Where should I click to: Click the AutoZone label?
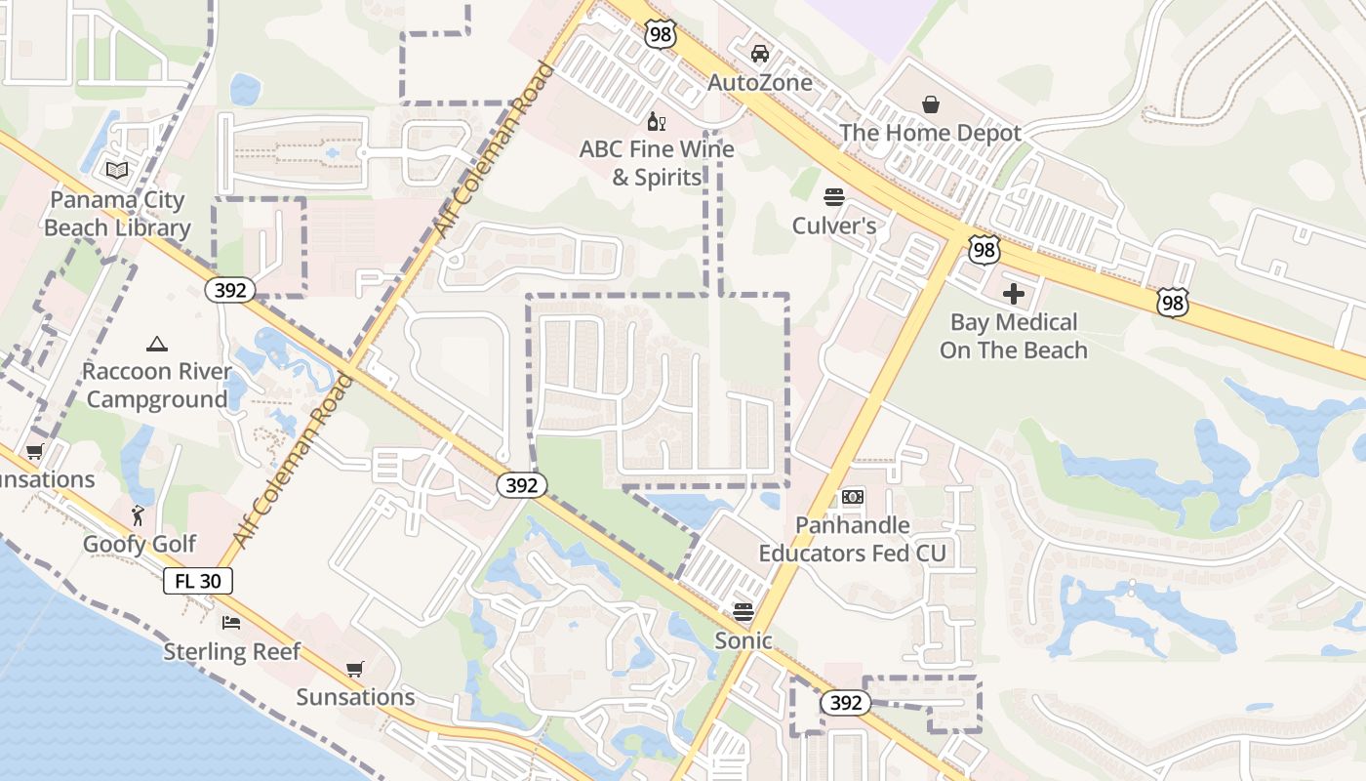pos(759,82)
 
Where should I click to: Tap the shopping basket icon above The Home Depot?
pos(931,103)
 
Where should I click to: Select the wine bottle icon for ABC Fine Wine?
pos(657,122)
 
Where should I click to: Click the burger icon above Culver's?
pos(833,197)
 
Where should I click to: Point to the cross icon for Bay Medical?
pos(1014,293)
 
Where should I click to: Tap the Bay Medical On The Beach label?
pos(1014,336)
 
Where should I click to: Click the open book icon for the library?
pos(117,171)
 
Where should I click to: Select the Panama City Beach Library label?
pos(117,214)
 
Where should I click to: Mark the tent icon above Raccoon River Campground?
pos(156,344)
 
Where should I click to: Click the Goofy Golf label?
pos(140,544)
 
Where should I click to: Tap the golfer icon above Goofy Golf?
pos(139,514)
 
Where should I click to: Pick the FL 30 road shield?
pos(198,581)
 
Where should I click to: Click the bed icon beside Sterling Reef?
pos(230,622)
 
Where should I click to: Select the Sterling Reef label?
pos(232,651)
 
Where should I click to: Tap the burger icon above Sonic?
pos(743,612)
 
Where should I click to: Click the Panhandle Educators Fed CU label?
pos(853,539)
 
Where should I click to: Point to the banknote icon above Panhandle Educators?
pos(853,497)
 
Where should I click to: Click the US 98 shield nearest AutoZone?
pos(661,33)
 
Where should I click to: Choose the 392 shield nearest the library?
pos(230,289)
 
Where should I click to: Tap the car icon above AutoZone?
pos(759,53)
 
